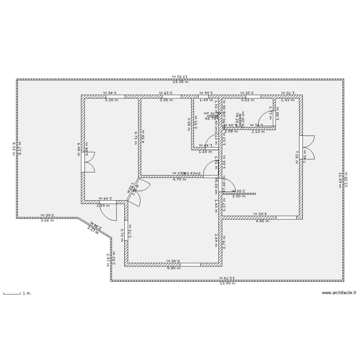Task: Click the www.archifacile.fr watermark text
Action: point(339,293)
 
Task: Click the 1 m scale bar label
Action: point(27,293)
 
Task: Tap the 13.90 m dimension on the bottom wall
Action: point(227,284)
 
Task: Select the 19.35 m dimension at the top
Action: point(180,82)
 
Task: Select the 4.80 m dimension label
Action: point(263,221)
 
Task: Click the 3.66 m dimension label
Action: point(47,221)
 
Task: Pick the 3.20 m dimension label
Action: point(112,100)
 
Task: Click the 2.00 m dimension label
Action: point(239,196)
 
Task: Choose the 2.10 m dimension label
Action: point(258,132)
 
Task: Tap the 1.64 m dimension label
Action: point(205,152)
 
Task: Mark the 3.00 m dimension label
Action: point(166,100)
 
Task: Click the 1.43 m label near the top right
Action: point(287,100)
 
